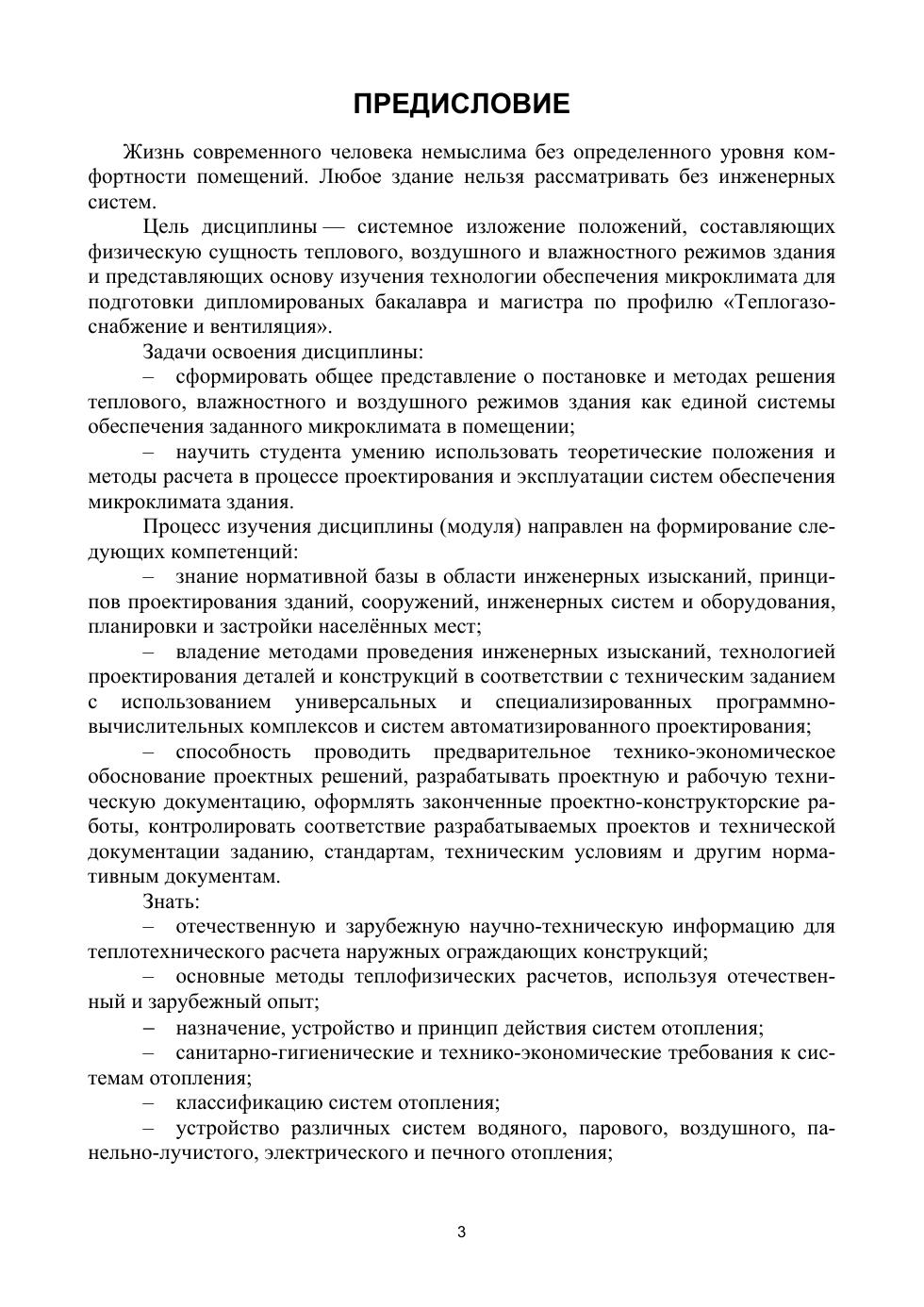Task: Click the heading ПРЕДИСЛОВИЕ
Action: click(x=461, y=104)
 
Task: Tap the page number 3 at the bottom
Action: click(x=461, y=1232)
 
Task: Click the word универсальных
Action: click(x=366, y=703)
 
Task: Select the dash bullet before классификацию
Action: click(x=149, y=1102)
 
